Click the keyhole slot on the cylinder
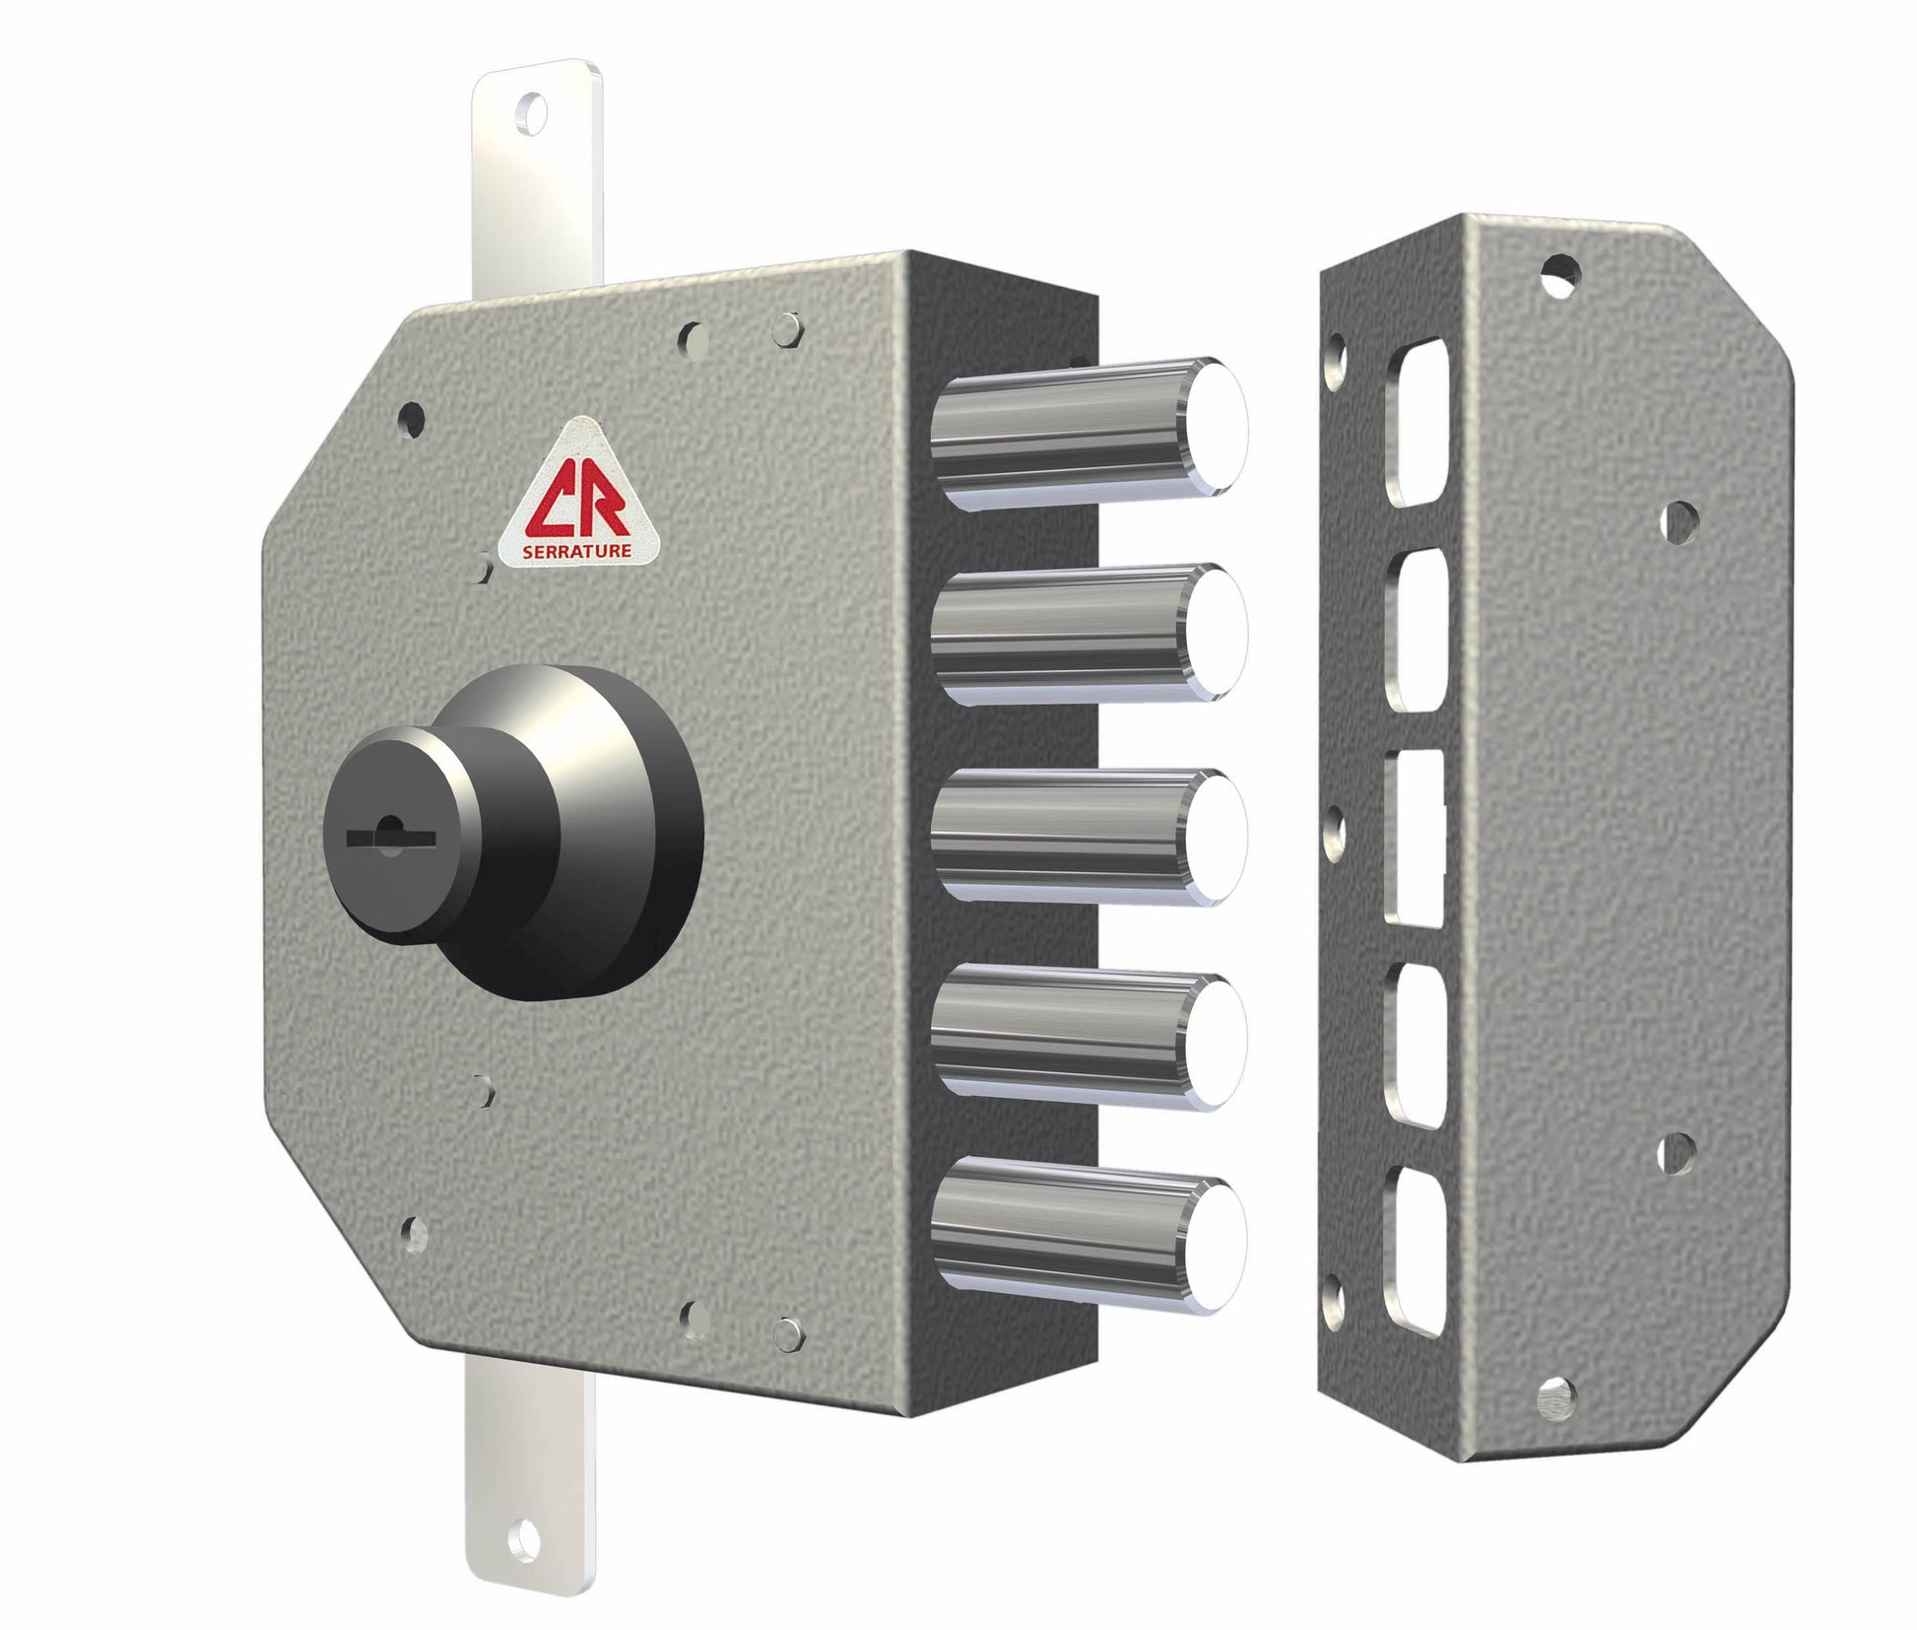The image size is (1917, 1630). click(391, 837)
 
